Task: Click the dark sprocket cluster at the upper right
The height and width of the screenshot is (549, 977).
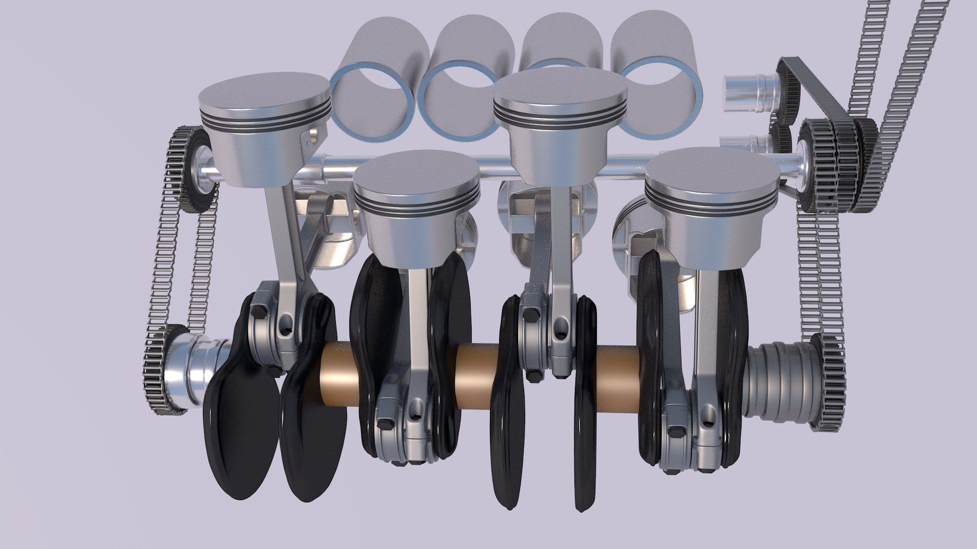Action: pyautogui.click(x=835, y=163)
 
